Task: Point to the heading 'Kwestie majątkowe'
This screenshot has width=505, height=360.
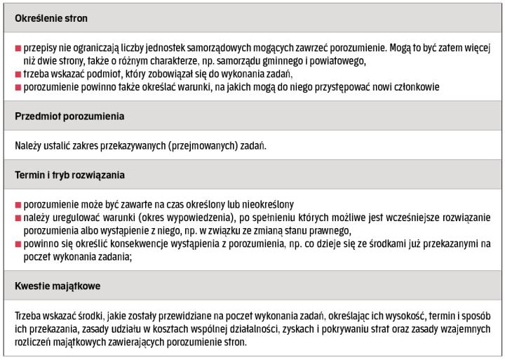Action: [x=56, y=285]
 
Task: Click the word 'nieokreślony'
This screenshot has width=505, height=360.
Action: [x=264, y=204]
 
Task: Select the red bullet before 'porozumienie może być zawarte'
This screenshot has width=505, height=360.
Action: [x=18, y=204]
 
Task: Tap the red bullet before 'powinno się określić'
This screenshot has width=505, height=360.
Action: [x=18, y=244]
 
